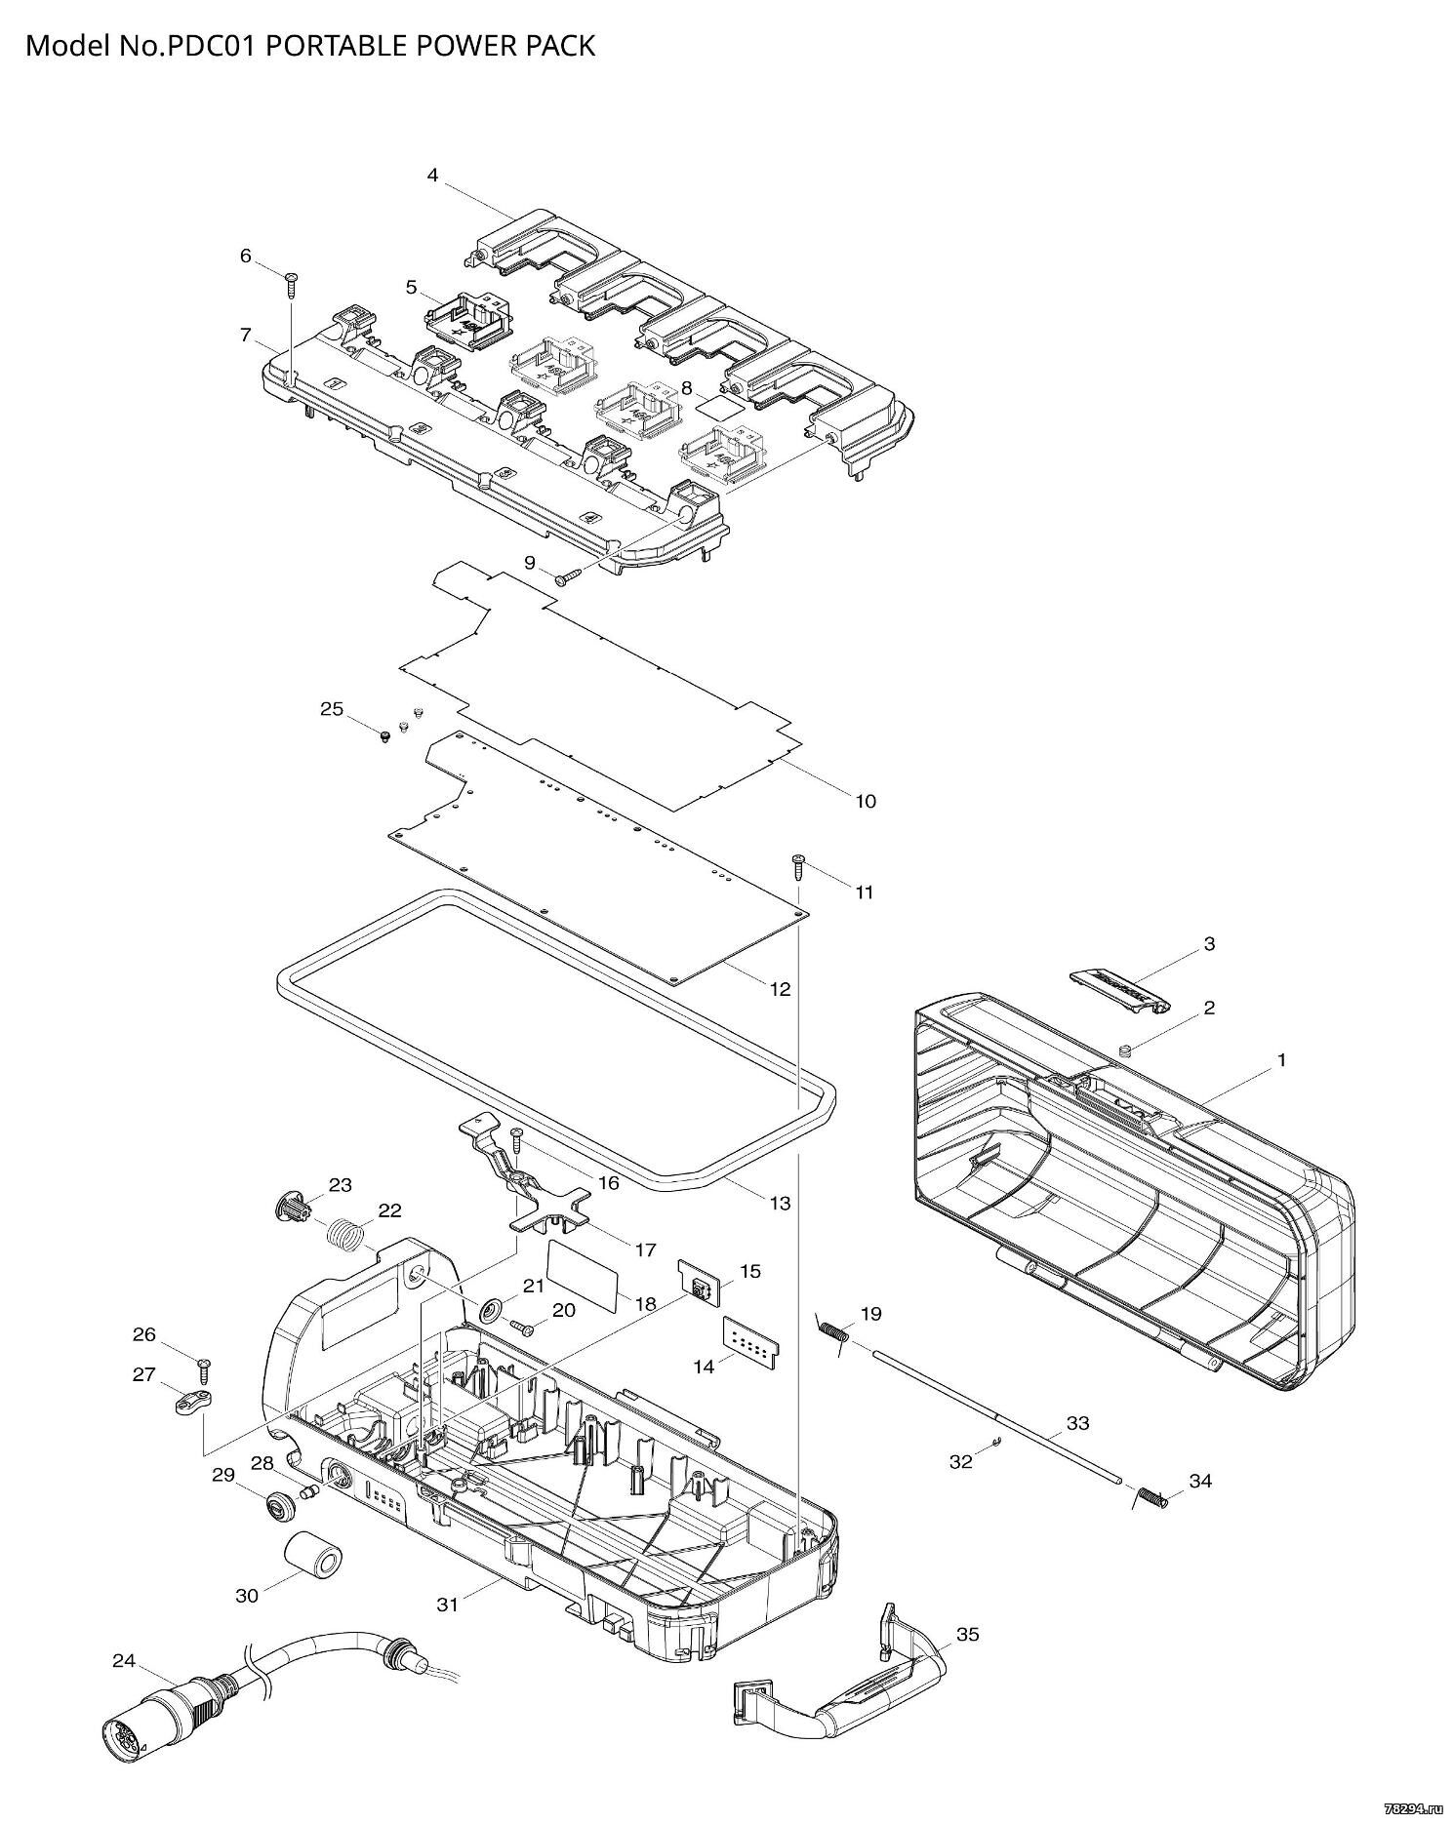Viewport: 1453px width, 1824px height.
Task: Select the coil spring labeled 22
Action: [x=346, y=1236]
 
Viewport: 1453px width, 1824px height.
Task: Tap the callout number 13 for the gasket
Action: [x=780, y=1204]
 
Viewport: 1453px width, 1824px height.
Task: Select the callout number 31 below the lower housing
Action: [x=447, y=1604]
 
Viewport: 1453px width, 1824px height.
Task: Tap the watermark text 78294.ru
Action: [x=1410, y=1807]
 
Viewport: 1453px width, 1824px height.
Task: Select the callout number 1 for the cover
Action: [x=1282, y=1059]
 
